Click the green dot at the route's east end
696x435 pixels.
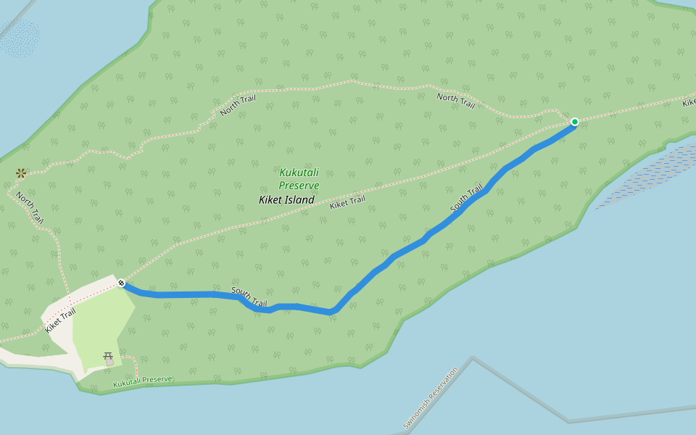[x=574, y=122]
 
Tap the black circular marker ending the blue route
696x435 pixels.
[x=122, y=283]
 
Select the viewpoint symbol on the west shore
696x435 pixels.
[x=22, y=173]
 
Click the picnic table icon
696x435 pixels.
[x=109, y=357]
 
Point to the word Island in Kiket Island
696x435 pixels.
[x=300, y=200]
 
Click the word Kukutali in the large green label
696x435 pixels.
[x=299, y=173]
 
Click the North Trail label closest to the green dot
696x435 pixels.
[x=455, y=101]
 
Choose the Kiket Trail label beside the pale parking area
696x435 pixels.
[x=60, y=320]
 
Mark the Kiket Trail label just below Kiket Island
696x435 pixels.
[x=347, y=203]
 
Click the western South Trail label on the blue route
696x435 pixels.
[x=249, y=297]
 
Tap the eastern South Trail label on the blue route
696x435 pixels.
[x=467, y=200]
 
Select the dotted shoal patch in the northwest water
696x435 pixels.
[x=20, y=38]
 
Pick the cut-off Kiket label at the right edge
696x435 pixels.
[x=688, y=103]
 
